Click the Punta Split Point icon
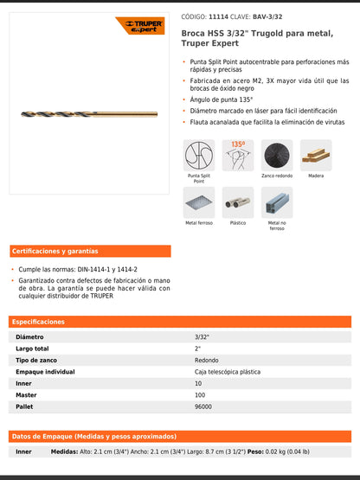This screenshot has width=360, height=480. (199, 155)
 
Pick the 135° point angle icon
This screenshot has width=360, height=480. (237, 155)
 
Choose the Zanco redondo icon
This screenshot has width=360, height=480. (277, 155)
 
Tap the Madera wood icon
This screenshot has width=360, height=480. (316, 155)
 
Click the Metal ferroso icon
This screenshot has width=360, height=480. (199, 202)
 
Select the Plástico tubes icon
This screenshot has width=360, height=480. (237, 202)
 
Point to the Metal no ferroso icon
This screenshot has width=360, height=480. (277, 202)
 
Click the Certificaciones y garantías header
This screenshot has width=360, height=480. (55, 251)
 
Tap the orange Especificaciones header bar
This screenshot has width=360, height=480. (180, 321)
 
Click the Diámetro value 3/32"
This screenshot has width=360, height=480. (202, 336)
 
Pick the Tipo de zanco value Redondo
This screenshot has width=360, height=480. (207, 360)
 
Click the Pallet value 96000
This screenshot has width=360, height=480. (204, 406)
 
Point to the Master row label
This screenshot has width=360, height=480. (26, 394)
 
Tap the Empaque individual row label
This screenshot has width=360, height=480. (44, 371)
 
